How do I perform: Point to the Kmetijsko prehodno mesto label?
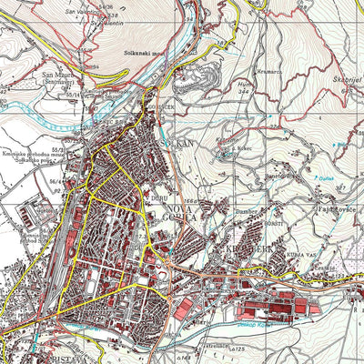32,157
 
